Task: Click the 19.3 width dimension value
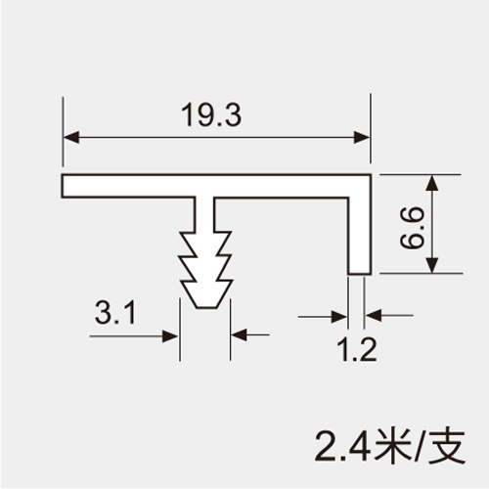tap(211, 114)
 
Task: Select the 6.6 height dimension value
tap(412, 229)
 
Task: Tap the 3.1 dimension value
tap(115, 312)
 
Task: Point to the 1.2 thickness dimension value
tap(358, 349)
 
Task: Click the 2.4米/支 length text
tap(389, 447)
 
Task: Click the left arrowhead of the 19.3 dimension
tap(71, 137)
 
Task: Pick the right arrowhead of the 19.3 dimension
tap(362, 137)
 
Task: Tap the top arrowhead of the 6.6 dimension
tap(432, 183)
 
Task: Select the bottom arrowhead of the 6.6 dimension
tap(432, 265)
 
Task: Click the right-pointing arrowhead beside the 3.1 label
tap(171, 336)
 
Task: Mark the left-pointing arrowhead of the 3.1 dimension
tap(239, 334)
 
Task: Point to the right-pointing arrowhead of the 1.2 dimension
tap(339, 316)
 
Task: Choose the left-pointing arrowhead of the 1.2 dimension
tap(373, 316)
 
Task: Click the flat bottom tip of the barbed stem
tap(206, 307)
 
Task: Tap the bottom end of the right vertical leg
tap(360, 274)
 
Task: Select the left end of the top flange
tap(62, 186)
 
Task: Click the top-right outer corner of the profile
tap(371, 175)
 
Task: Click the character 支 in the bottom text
tap(447, 447)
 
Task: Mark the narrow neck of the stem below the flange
tap(204, 213)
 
